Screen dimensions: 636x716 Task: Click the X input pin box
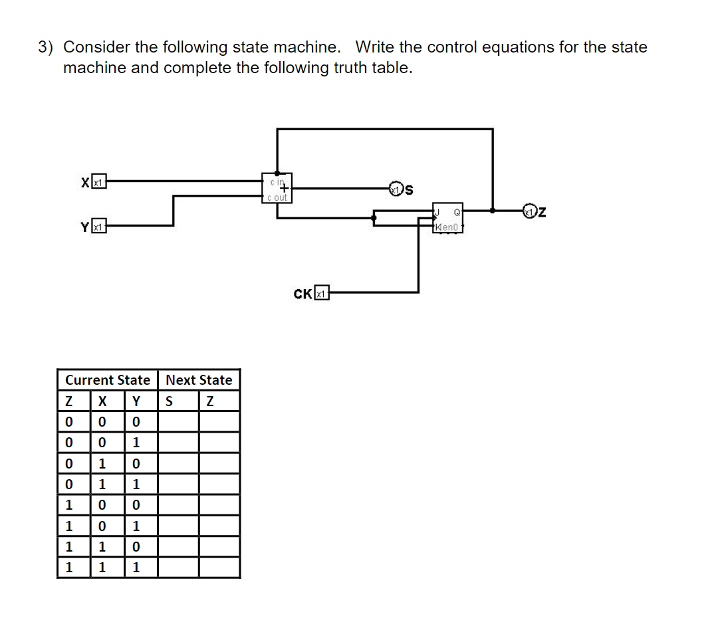tap(99, 181)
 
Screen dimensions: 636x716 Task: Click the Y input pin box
tap(99, 227)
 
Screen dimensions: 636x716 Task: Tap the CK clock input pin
tap(322, 293)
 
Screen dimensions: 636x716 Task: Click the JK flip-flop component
tap(448, 218)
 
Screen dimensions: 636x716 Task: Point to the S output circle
tap(396, 189)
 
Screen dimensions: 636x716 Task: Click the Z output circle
tap(529, 212)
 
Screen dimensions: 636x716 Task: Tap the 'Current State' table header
tap(108, 380)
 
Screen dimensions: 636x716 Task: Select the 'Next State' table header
tap(199, 380)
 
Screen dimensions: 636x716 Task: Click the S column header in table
tap(169, 401)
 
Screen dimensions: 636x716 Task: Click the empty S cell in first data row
tap(178, 422)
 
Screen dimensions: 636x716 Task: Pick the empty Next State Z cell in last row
tap(219, 568)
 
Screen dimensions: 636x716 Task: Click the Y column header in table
tap(136, 401)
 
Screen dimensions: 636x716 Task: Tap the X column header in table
tap(102, 401)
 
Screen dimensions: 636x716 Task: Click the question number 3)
tap(46, 47)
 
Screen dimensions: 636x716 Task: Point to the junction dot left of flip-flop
tap(374, 217)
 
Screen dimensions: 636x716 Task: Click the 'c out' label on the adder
tap(277, 197)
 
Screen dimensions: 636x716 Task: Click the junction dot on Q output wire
tap(492, 210)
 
